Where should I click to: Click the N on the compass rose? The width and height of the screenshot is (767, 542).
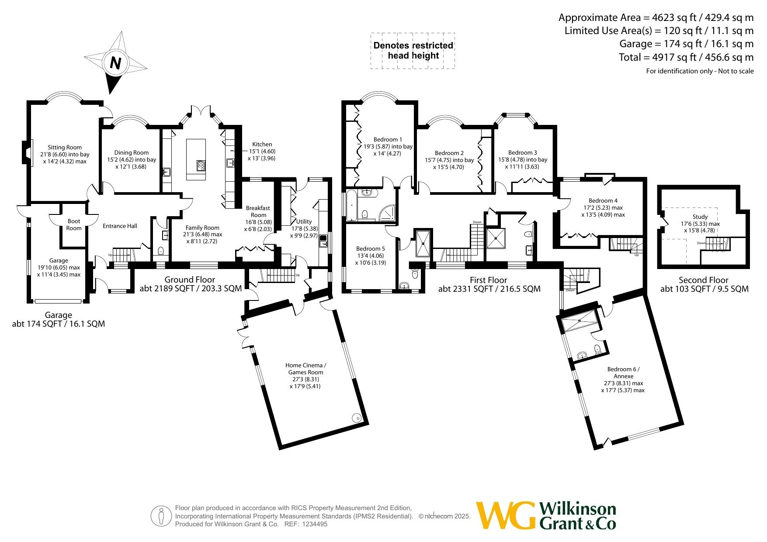(x=115, y=63)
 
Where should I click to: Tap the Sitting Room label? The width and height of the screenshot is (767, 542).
(x=65, y=147)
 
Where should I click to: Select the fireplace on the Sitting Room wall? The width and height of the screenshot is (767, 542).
(x=28, y=153)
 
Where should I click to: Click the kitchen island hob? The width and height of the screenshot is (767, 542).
(x=201, y=166)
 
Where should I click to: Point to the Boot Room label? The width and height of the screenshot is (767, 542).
(x=74, y=224)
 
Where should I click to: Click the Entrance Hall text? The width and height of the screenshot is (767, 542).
(x=120, y=226)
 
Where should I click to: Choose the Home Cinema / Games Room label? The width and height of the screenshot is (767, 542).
(x=305, y=369)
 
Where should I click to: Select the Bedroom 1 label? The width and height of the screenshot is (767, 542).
(x=388, y=139)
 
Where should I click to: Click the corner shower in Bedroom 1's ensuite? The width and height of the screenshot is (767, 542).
(x=387, y=213)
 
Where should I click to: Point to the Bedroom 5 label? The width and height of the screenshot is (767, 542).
(x=371, y=249)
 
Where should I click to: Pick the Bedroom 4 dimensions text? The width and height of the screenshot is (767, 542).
(x=603, y=211)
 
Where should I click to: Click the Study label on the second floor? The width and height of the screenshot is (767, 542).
(x=700, y=217)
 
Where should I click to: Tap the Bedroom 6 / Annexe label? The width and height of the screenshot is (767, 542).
(x=623, y=373)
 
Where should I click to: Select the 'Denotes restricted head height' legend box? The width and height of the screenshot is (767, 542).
(x=413, y=51)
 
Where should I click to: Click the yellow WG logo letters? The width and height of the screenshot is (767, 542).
(x=505, y=515)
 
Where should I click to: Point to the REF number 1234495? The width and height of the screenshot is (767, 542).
(x=312, y=524)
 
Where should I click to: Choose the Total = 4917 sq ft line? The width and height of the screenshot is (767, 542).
(x=686, y=57)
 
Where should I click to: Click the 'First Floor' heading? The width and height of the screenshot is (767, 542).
(x=489, y=280)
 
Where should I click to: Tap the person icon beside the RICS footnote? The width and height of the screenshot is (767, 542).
(x=161, y=516)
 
